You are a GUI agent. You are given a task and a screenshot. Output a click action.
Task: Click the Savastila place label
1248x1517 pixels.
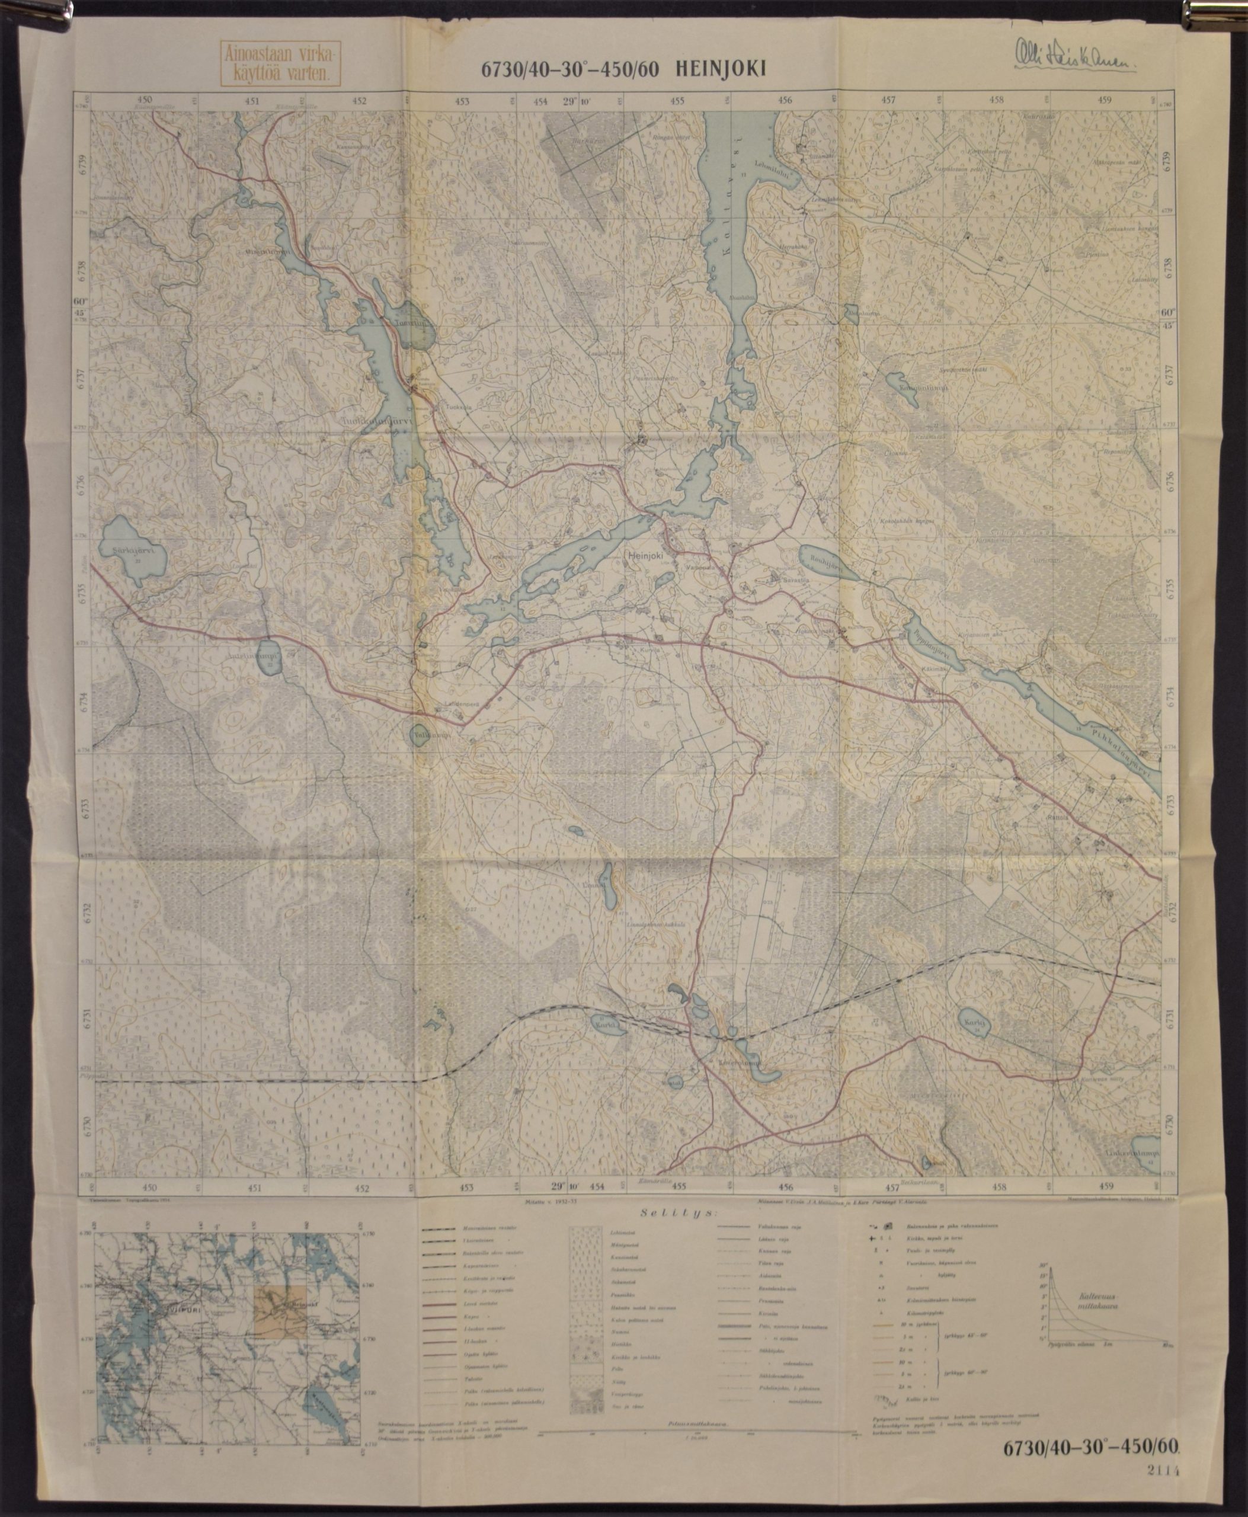pos(780,577)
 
